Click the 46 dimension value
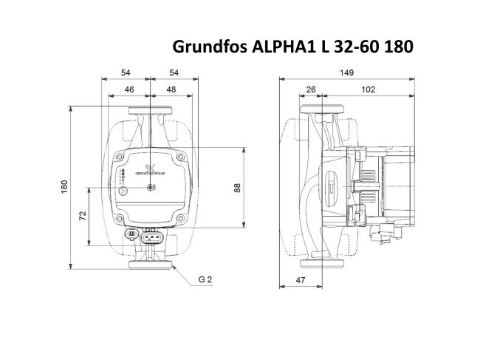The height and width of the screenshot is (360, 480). pyautogui.click(x=129, y=89)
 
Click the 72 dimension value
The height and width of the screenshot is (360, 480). pyautogui.click(x=83, y=216)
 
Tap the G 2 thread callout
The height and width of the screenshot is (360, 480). pyautogui.click(x=206, y=280)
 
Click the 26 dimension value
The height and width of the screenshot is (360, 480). pyautogui.click(x=310, y=89)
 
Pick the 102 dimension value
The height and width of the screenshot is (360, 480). pyautogui.click(x=368, y=89)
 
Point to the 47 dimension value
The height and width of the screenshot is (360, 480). pyautogui.click(x=301, y=280)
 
